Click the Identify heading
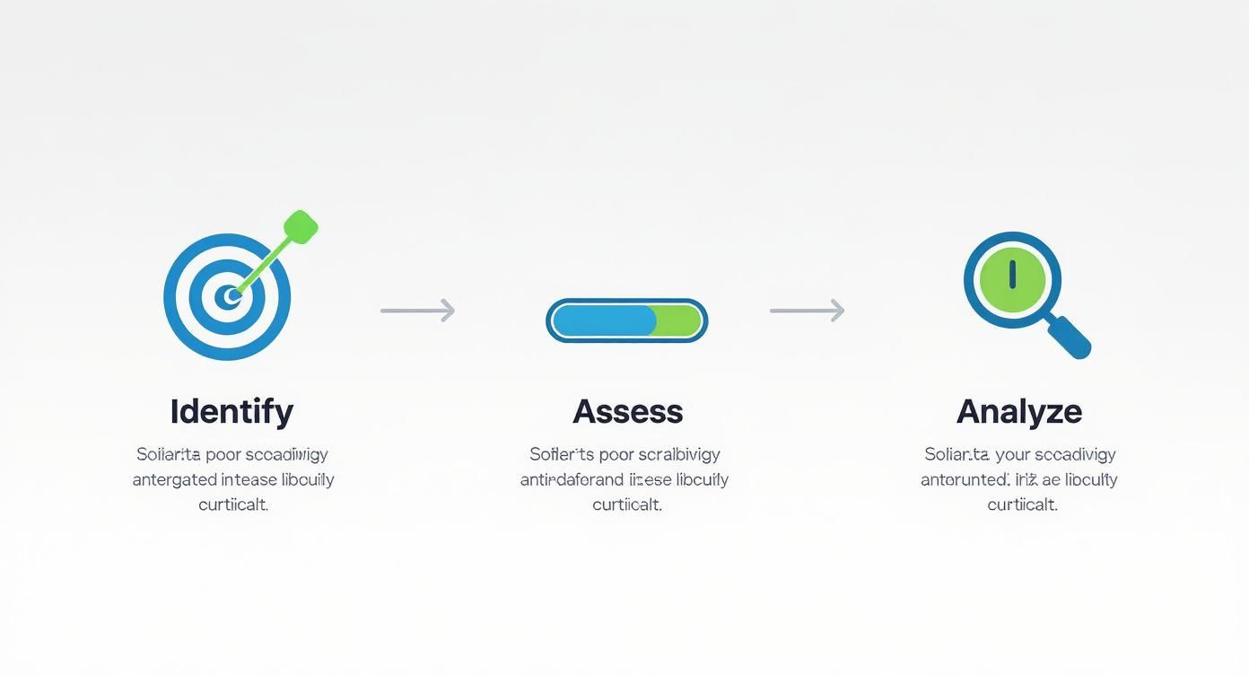point(231,412)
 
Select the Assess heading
point(628,412)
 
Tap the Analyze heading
point(1019,412)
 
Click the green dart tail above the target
point(301,226)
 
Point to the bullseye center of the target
point(231,295)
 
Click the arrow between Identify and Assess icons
point(417,311)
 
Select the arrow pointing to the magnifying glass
point(807,311)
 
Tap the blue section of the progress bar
point(603,320)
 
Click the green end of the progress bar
point(680,320)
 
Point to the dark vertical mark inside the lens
point(1012,274)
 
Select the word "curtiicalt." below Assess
point(627,504)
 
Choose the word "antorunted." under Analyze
point(965,480)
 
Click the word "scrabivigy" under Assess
point(679,454)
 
